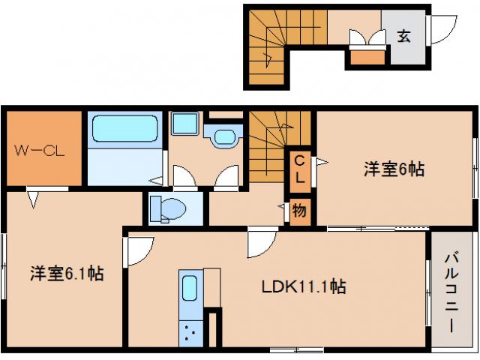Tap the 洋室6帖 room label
(394, 169)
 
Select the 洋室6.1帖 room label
(67, 274)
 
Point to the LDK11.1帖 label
(303, 286)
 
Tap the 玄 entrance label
(403, 35)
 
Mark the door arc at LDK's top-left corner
(141, 250)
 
